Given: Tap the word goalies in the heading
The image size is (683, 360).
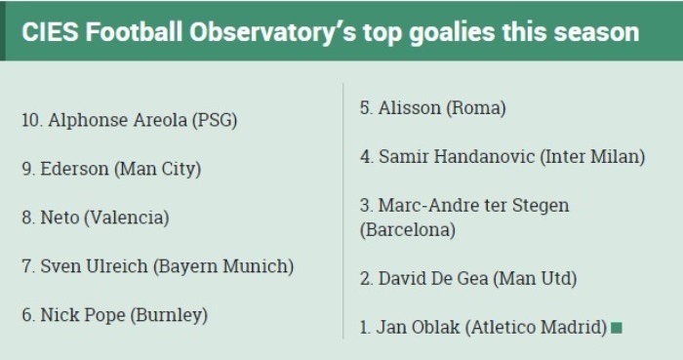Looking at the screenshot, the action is coord(452,33).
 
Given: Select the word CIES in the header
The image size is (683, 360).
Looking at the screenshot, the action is coord(50,32).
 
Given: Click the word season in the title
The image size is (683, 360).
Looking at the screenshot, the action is coord(596,33).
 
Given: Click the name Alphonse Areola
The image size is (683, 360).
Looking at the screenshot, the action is coord(118,120).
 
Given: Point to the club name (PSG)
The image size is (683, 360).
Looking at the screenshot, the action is coord(215,121).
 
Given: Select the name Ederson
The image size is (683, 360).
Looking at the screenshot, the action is coord(74,169).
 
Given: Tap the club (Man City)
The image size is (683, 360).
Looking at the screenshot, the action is coord(158,170).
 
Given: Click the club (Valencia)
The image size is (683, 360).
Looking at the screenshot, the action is coord(126,218).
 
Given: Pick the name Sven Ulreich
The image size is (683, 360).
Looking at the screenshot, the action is coord(94,266).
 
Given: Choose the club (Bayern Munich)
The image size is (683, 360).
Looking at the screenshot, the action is coord(223,267).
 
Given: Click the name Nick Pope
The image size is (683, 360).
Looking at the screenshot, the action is coord(83,315).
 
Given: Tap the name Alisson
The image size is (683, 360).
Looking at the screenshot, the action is coord(410,108).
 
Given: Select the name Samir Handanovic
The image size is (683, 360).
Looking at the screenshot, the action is coord(457,157).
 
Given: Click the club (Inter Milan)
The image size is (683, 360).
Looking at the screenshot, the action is coord(592,157).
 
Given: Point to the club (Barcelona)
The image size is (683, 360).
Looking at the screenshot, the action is coord(408,230).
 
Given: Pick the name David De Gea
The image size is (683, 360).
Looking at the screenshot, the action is coord(433,279).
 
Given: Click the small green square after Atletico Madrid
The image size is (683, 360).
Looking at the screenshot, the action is coord(617,328).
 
